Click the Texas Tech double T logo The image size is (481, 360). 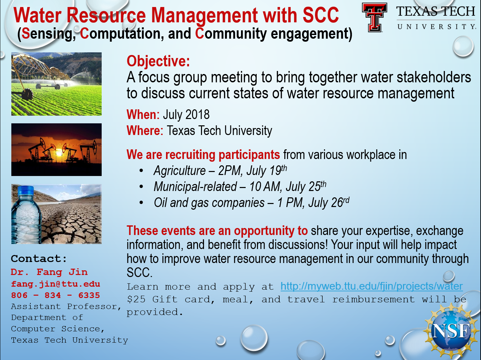(x=374, y=17)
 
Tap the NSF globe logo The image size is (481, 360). (x=451, y=331)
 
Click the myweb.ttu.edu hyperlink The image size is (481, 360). (x=372, y=286)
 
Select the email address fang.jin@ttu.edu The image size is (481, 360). (x=55, y=284)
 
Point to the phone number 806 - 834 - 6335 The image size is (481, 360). (x=55, y=295)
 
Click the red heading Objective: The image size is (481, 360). (x=158, y=61)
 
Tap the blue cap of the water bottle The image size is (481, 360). (x=26, y=190)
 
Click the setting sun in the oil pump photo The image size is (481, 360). (x=59, y=153)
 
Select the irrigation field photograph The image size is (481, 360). (x=57, y=84)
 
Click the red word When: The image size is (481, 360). (x=143, y=114)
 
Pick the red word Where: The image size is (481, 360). (x=145, y=131)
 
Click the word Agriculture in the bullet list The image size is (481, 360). (x=180, y=171)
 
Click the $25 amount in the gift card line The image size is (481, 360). (x=136, y=299)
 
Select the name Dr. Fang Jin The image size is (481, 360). (x=49, y=272)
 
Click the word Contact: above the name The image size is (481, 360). (x=39, y=259)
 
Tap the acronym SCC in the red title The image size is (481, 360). (x=321, y=15)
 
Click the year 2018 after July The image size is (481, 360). (x=197, y=114)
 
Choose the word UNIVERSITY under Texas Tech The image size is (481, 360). (x=436, y=27)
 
